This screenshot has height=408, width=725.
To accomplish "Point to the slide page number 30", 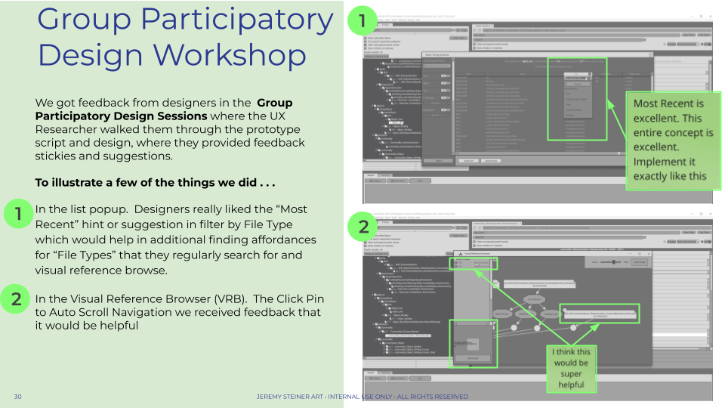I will (17, 397).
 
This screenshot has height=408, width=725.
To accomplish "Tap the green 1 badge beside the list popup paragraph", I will (16, 215).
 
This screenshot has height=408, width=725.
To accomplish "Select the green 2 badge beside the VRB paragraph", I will (16, 299).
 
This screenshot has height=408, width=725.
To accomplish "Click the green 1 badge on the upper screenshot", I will (361, 22).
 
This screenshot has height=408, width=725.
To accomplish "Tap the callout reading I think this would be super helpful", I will (572, 368).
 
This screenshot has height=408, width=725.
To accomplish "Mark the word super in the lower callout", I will (572, 374).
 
